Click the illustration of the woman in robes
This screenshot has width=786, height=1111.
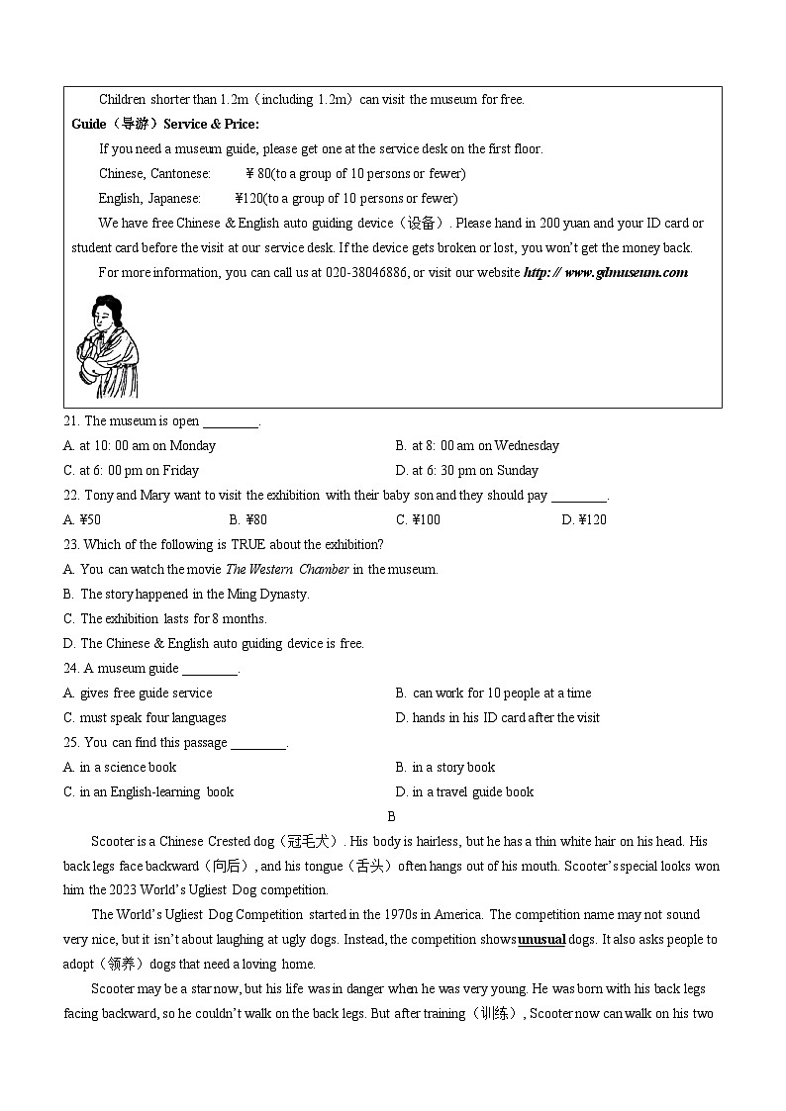107,346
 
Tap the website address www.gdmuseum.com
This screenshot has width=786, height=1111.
605,273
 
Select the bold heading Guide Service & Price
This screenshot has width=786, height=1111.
165,125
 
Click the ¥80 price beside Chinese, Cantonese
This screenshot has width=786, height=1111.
258,174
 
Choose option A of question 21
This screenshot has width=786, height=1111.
140,446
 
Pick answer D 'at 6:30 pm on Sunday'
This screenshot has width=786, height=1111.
466,471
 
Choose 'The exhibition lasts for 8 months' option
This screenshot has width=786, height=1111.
165,619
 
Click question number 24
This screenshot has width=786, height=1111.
71,669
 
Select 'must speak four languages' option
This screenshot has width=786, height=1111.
146,718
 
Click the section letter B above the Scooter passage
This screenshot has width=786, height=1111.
392,817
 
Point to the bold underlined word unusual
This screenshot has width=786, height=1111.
541,940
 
